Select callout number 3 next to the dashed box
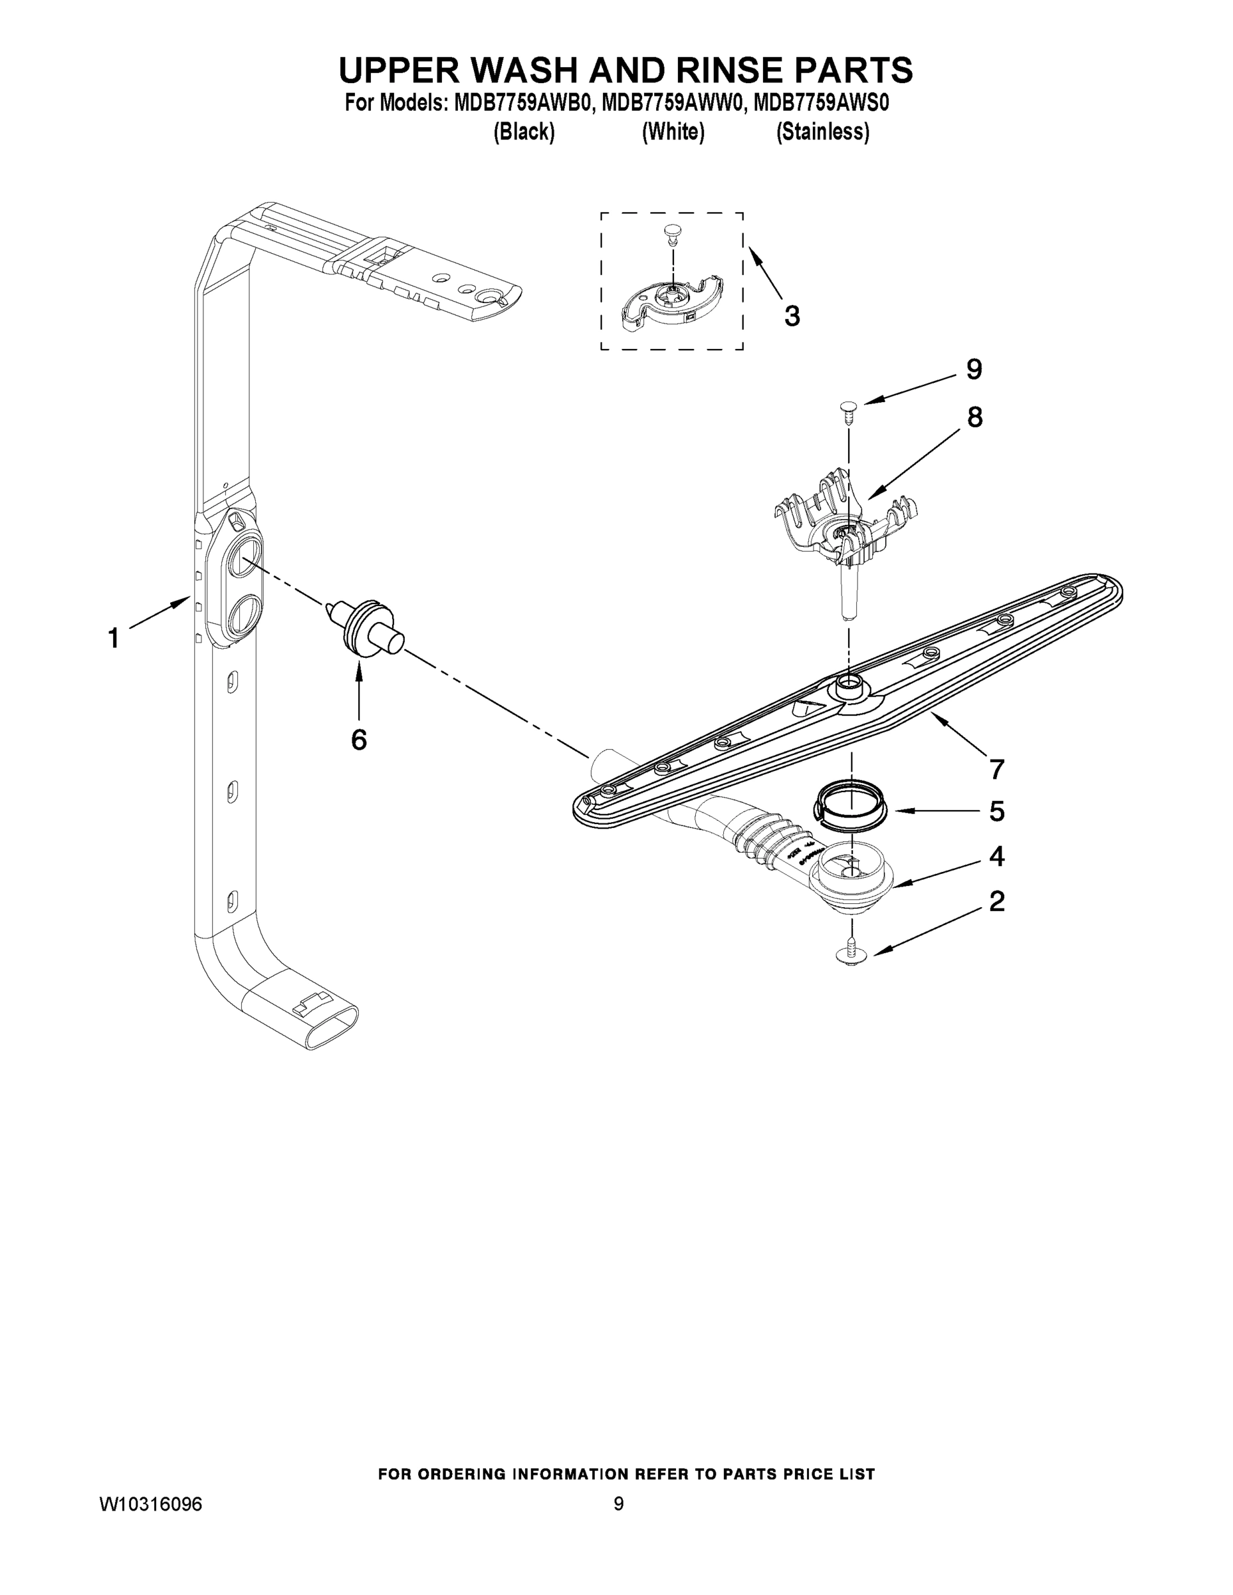click(792, 316)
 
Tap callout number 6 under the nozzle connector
click(359, 740)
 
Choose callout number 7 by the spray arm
click(996, 769)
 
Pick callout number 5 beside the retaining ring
click(996, 811)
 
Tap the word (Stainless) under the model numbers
click(822, 132)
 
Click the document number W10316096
click(151, 1505)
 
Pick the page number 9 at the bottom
click(618, 1505)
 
